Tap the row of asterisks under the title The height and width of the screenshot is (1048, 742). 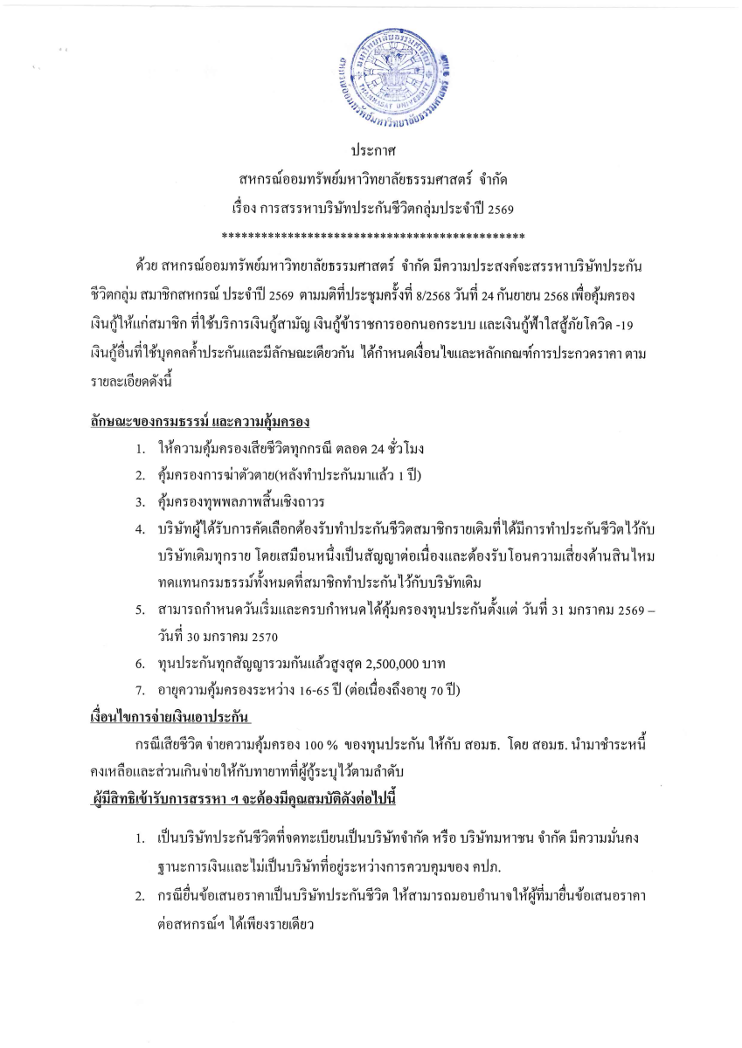(x=373, y=235)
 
